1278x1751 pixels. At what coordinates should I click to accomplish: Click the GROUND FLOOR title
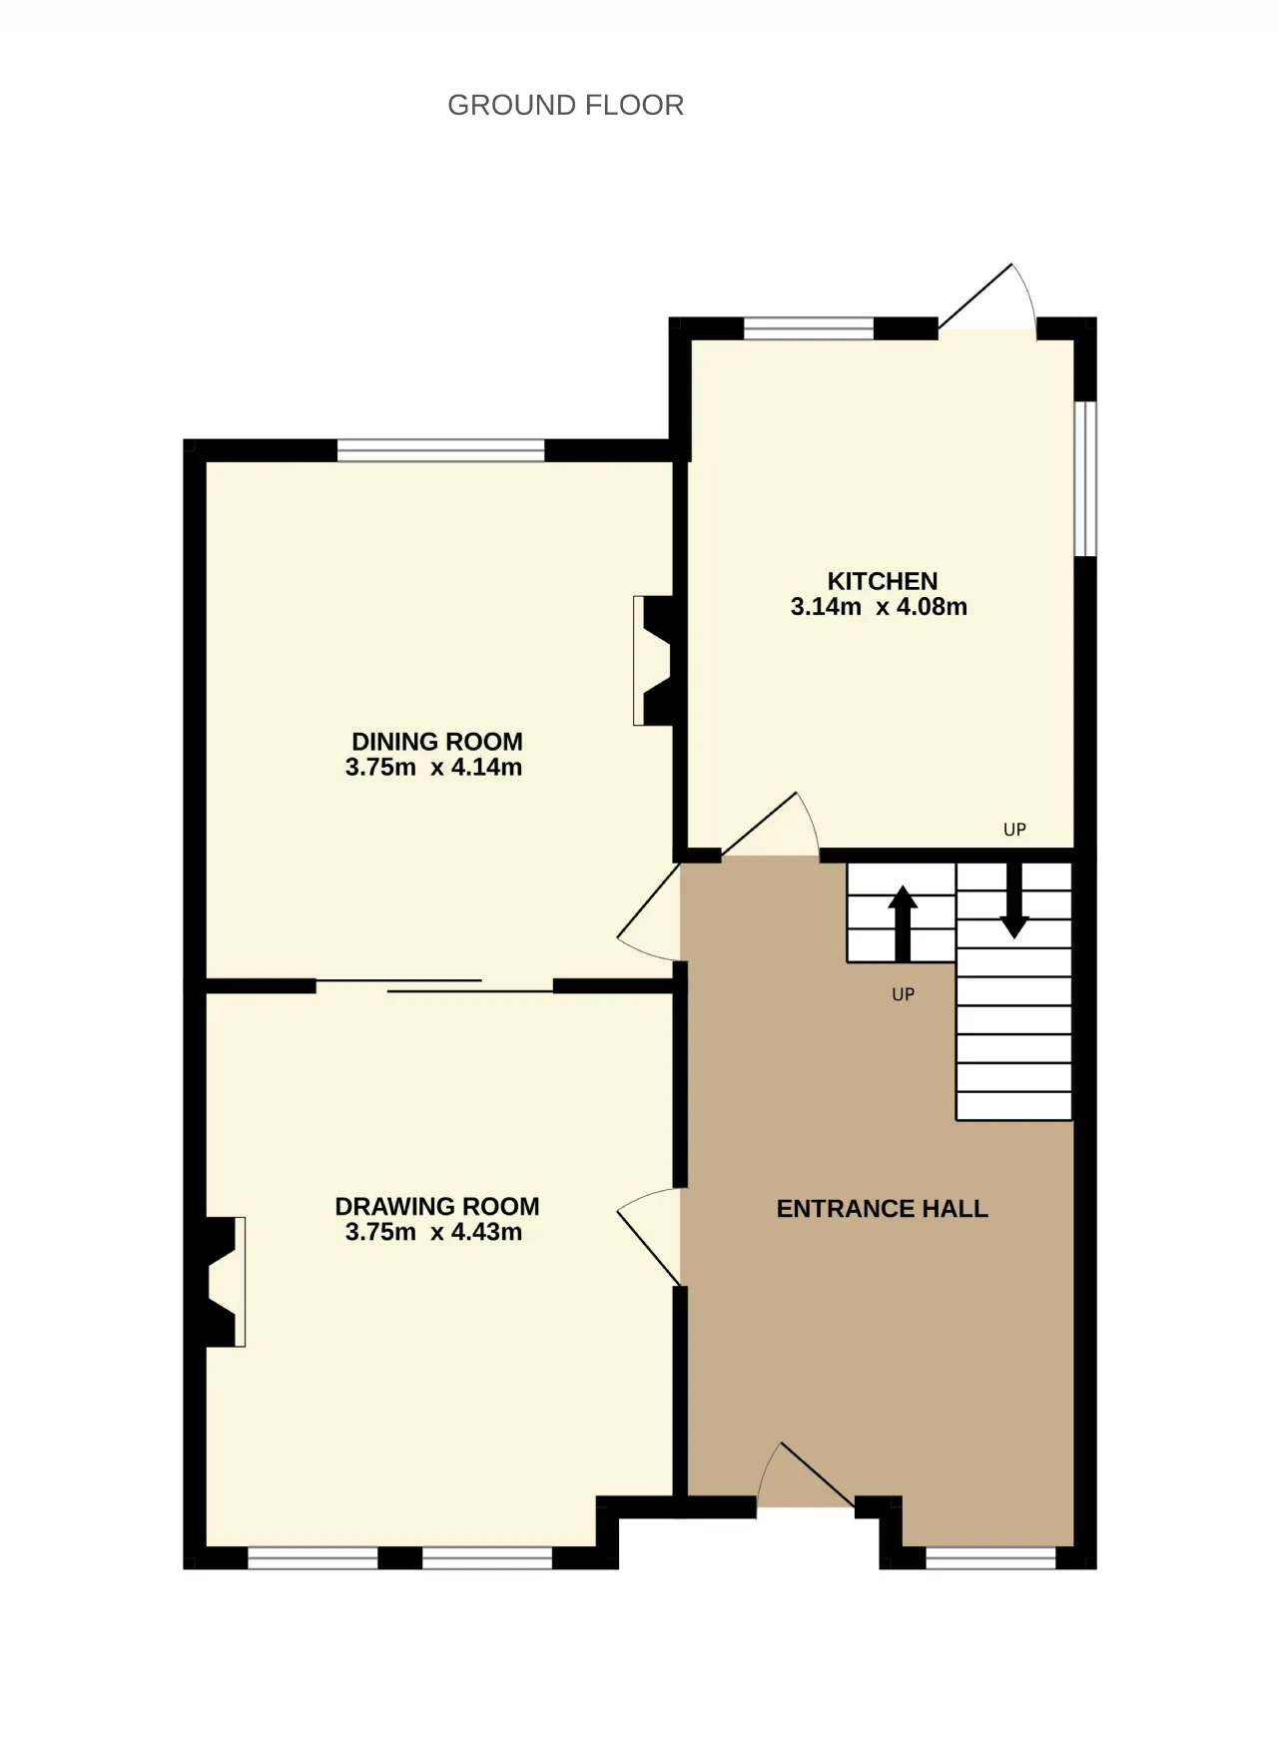point(565,105)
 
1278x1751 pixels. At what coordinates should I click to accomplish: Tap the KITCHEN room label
point(883,581)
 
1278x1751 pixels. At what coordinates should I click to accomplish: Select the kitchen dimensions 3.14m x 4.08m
point(879,607)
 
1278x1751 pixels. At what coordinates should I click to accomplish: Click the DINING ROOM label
point(437,742)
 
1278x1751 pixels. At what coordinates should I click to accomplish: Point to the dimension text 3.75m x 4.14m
point(433,768)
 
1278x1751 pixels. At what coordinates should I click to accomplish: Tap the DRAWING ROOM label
point(437,1207)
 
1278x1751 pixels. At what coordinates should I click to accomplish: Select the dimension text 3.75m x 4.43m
point(433,1232)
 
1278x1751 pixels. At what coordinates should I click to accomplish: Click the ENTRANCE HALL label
point(883,1209)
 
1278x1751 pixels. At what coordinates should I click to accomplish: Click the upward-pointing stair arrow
point(903,922)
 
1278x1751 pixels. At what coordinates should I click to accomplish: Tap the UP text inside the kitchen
point(1014,830)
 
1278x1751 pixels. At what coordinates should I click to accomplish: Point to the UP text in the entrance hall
point(903,994)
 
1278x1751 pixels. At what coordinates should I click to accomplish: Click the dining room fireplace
point(653,661)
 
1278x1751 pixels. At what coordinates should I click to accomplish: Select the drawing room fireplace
point(226,1282)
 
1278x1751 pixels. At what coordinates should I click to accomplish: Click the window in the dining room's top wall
point(440,450)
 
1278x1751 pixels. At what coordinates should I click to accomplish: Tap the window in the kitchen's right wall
point(1085,478)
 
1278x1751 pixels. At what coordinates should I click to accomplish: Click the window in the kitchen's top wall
point(809,328)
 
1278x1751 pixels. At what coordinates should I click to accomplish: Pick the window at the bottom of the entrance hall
point(990,1558)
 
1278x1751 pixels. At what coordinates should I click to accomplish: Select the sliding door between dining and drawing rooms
point(434,986)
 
